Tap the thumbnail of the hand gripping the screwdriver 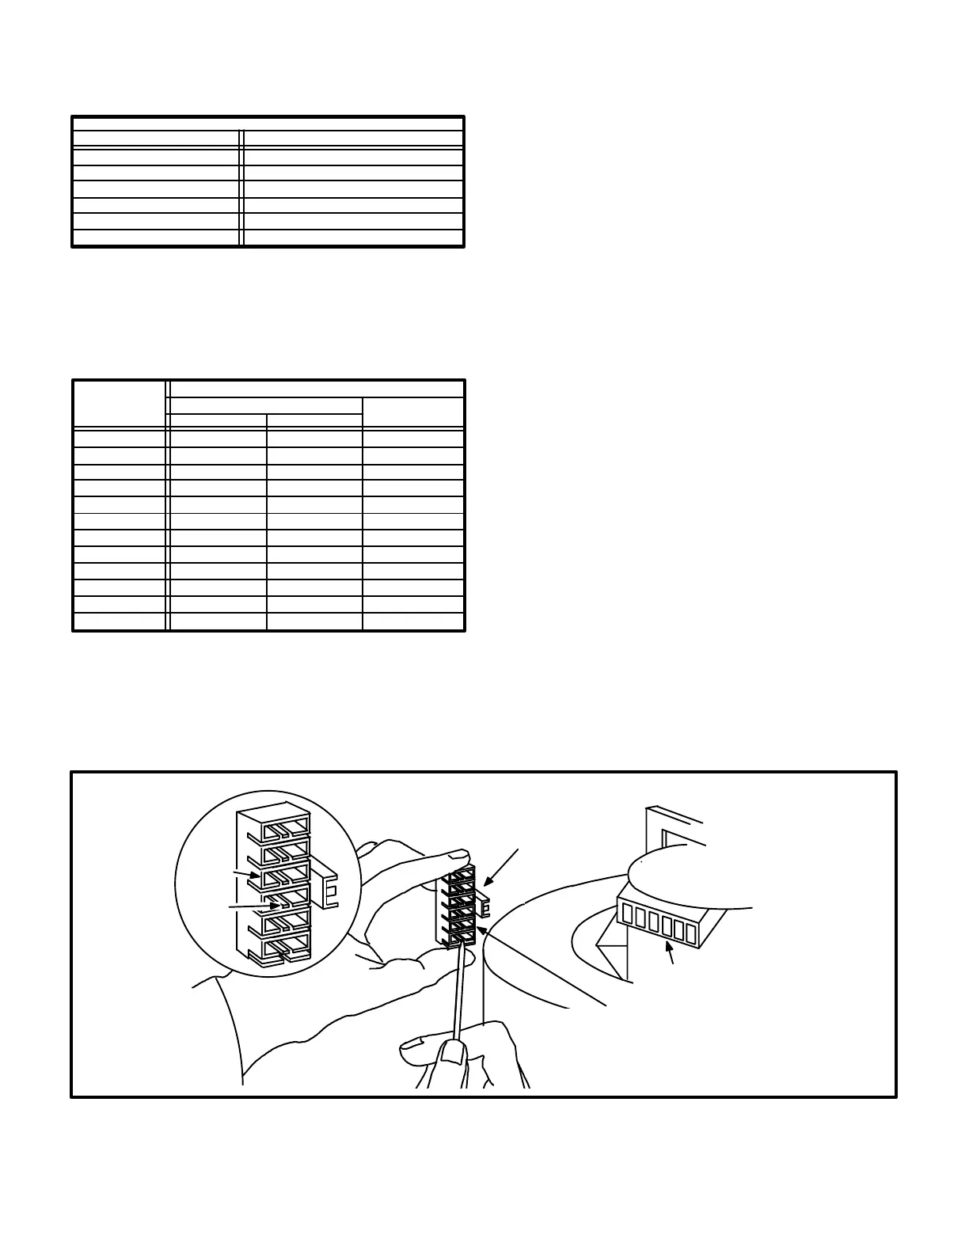[x=452, y=1052]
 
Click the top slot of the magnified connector [x=285, y=829]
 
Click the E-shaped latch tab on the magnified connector [x=329, y=888]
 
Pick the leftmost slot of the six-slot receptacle [x=628, y=914]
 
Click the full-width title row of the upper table [x=268, y=123]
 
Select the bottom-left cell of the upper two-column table [x=156, y=238]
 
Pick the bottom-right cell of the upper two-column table [x=353, y=238]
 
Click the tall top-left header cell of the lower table [x=120, y=405]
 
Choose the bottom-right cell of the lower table [x=413, y=621]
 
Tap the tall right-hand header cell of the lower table [x=413, y=413]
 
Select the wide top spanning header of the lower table [x=317, y=389]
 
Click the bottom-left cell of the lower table [x=120, y=621]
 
